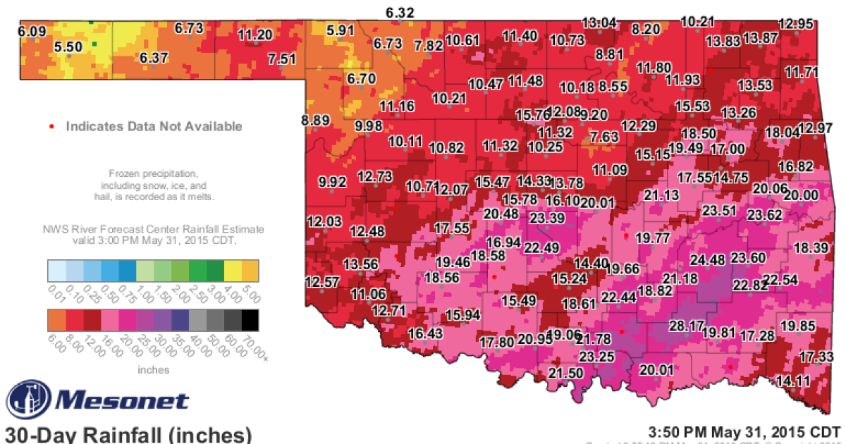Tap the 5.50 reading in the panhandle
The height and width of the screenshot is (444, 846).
click(69, 46)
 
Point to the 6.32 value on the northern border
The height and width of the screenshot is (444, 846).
click(400, 13)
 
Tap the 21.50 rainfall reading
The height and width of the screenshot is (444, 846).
click(566, 373)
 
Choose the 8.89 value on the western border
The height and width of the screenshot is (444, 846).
click(315, 121)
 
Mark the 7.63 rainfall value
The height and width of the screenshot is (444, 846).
click(603, 136)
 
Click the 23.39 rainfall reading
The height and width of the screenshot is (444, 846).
click(547, 218)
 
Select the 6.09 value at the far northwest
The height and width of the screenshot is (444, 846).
click(32, 31)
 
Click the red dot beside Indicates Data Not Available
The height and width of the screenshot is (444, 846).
click(51, 127)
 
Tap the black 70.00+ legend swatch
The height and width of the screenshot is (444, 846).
click(249, 320)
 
